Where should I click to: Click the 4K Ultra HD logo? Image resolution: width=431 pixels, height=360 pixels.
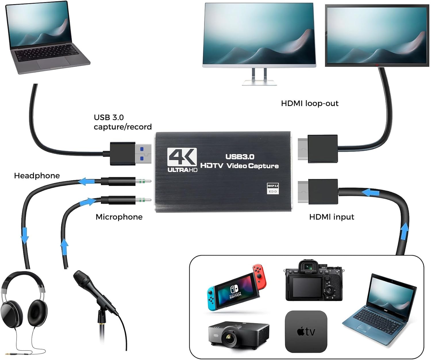tap(182, 160)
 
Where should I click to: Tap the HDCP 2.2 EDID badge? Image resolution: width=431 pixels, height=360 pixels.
tap(273, 188)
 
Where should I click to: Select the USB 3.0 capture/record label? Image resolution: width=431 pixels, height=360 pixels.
tap(122, 122)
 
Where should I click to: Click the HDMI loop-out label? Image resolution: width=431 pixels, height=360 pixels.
tap(309, 104)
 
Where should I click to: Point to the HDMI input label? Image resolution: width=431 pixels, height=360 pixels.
tap(331, 217)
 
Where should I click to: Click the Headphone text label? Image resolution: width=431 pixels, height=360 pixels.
tap(37, 176)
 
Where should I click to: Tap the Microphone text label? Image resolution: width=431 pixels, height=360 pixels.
tap(119, 217)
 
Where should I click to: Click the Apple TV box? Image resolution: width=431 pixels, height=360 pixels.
tap(306, 331)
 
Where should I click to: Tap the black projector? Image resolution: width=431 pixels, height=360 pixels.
tap(238, 334)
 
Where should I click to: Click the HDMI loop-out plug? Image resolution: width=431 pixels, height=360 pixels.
tap(318, 149)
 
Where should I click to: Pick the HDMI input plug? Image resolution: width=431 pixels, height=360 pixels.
tap(318, 192)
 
